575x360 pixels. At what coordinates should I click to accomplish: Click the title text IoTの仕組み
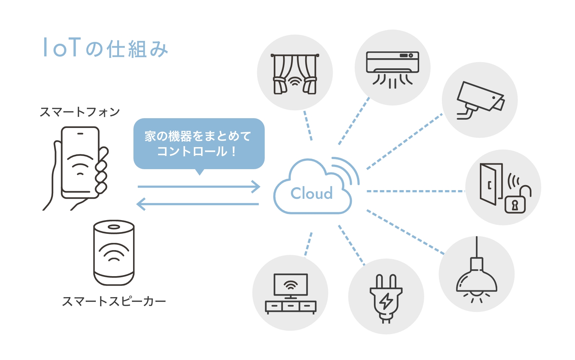tap(105, 48)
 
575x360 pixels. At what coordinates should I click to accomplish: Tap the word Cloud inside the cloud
tap(311, 193)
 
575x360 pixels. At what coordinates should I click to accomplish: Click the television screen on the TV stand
tap(291, 285)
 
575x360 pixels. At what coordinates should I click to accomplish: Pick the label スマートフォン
tap(80, 112)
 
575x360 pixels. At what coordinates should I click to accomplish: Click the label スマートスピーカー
tap(114, 301)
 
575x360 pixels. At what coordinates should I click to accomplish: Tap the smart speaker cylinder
tap(114, 253)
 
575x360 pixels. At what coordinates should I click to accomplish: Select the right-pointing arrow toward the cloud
tap(199, 187)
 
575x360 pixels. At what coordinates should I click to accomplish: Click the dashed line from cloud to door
tap(416, 191)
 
